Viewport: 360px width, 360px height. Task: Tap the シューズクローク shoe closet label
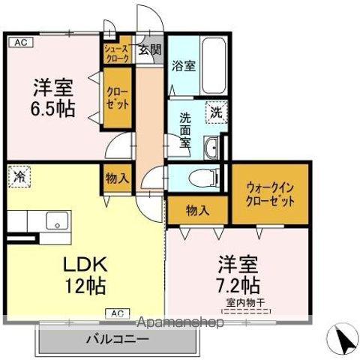tap(118, 52)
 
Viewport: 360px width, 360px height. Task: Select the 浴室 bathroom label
tap(183, 65)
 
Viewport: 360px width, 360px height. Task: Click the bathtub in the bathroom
tap(214, 66)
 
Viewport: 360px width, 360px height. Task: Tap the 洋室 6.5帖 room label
tap(52, 97)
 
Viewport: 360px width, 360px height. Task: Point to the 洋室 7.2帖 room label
tap(239, 274)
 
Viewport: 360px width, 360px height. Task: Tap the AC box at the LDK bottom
tap(116, 313)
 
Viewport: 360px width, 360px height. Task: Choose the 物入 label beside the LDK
tap(117, 178)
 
